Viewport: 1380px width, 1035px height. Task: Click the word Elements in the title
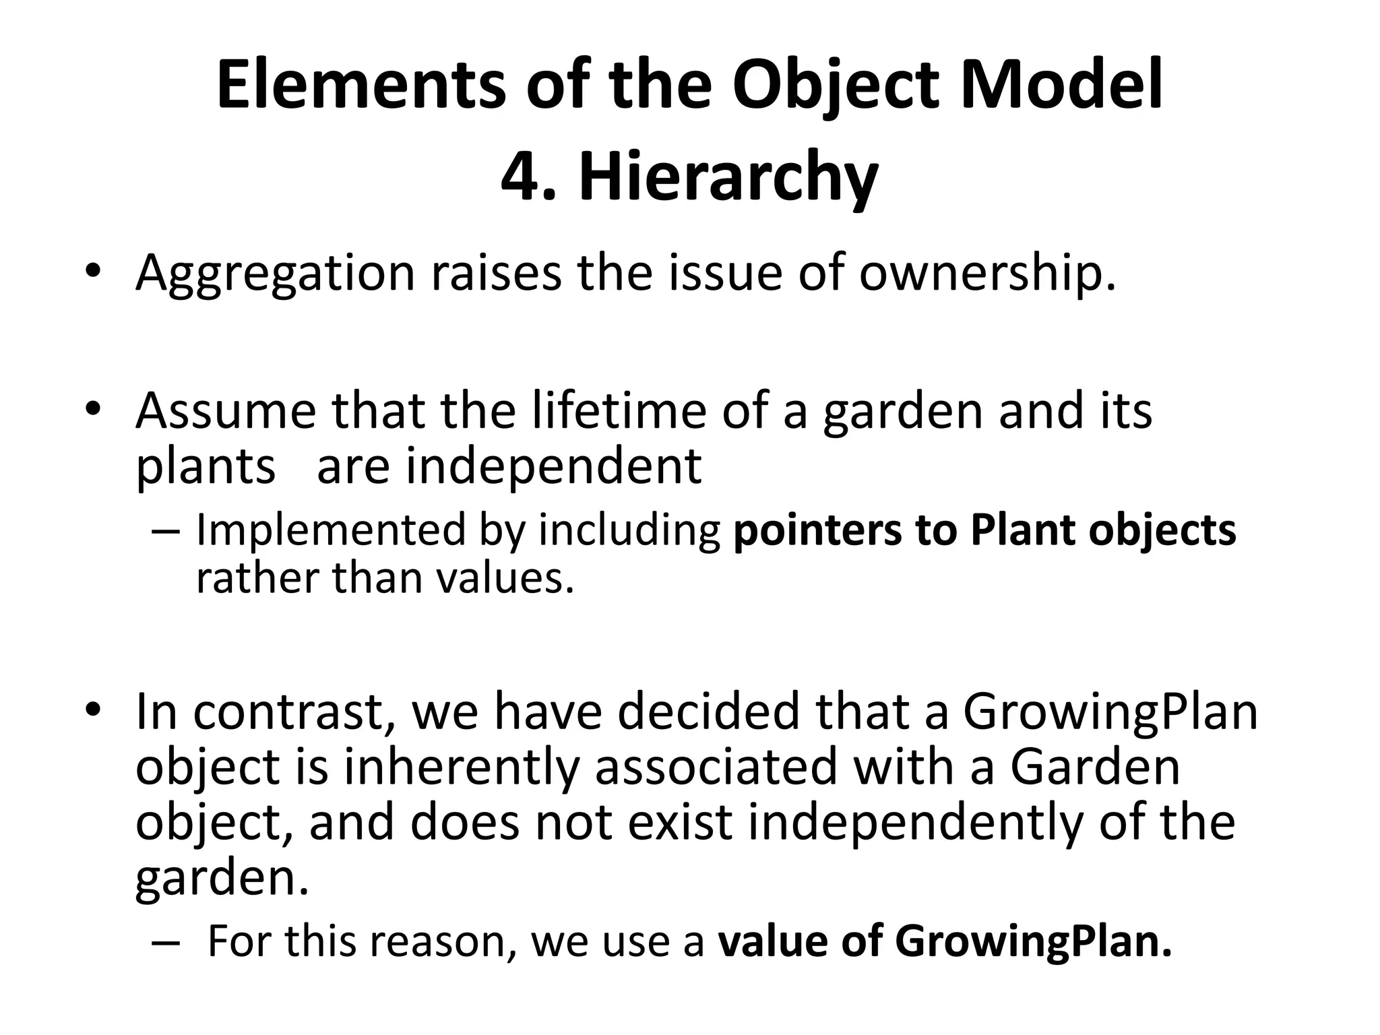coord(360,86)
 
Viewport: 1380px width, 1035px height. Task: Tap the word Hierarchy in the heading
coord(728,177)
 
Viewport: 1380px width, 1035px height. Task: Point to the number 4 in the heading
coord(523,177)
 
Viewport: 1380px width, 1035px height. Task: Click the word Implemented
coord(330,530)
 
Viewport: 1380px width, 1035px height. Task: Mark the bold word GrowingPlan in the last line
coord(1034,941)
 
